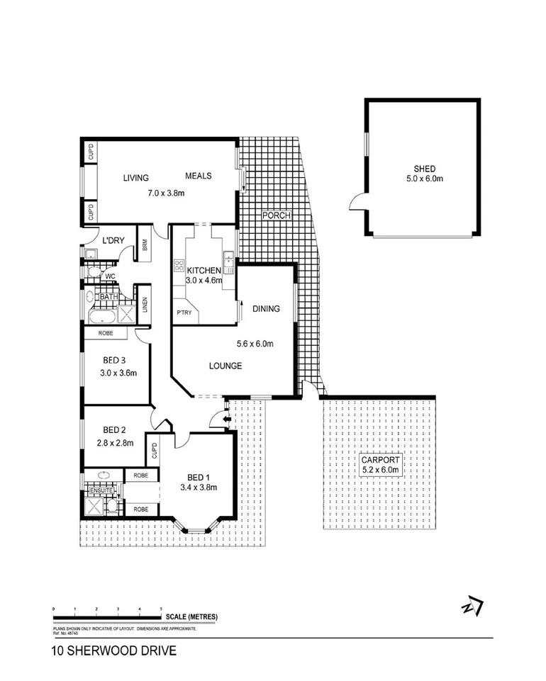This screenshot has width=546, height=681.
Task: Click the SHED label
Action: coord(425,169)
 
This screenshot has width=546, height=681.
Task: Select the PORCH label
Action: coord(277,215)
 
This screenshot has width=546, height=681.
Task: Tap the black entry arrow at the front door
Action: coord(227,420)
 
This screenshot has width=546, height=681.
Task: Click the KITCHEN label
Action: coord(204,270)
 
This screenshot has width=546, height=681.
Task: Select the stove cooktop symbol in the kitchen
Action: coord(178,267)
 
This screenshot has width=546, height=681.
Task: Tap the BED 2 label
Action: coord(114,429)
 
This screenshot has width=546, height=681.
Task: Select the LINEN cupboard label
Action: coord(143,304)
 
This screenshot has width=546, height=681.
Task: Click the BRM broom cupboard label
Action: coord(144,243)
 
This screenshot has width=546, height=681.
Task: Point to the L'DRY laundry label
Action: coord(113,240)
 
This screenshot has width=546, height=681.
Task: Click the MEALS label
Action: coord(199,176)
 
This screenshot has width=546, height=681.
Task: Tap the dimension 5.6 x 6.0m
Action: coord(255,344)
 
